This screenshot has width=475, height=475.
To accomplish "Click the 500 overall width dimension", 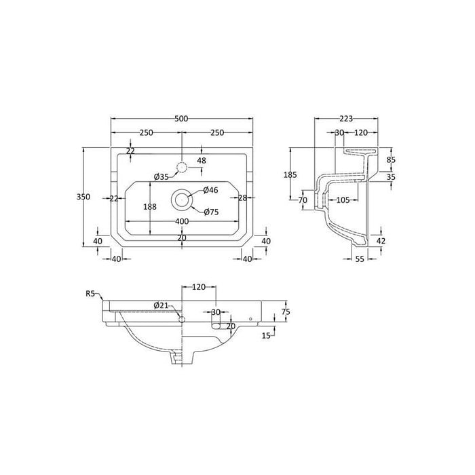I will coord(181,119).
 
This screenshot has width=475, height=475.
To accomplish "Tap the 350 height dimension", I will coord(83,197).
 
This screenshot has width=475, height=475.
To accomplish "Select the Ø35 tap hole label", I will coord(161,176).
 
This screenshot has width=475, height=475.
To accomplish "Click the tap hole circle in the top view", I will coord(181,167).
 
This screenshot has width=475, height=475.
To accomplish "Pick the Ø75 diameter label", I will coord(211,212).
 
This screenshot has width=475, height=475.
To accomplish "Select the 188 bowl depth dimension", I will coord(150,206).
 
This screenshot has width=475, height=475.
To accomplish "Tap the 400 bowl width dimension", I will coord(181,222).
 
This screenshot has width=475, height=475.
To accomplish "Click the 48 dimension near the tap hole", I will coord(201,161).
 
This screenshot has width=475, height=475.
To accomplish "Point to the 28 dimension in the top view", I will coord(242,197).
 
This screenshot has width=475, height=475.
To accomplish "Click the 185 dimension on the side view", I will coord(290,174).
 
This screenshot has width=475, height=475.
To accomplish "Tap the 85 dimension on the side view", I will coord(391,160).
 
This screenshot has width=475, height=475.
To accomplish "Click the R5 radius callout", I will coord(90,293).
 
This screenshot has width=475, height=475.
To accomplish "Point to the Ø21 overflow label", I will coord(161,305).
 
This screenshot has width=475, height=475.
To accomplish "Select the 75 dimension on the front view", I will coord(286,311).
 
